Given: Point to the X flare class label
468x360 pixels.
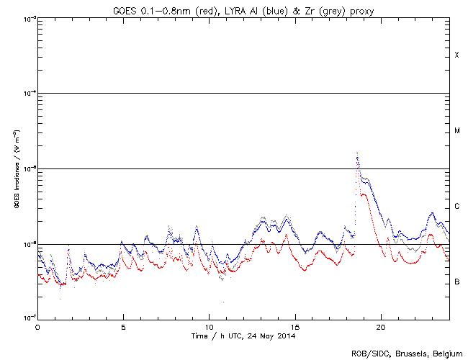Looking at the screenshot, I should pos(456,55).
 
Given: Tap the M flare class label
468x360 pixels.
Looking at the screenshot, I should pos(456,131).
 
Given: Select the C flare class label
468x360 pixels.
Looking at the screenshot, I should pos(456,207).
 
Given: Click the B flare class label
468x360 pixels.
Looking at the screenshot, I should pos(456,282).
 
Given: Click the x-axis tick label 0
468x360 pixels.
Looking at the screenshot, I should pos(37,326).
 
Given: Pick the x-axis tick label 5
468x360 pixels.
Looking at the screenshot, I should pos(123,326).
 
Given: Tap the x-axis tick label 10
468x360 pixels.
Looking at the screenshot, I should pos(209,326).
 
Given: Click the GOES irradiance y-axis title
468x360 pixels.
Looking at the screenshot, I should pos(16,169).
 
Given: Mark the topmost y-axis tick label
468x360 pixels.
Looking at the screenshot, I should pos(27,19).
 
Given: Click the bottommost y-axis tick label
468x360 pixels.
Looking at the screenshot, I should pos(27,318).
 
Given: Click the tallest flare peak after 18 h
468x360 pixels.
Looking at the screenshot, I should pos(357,153).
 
